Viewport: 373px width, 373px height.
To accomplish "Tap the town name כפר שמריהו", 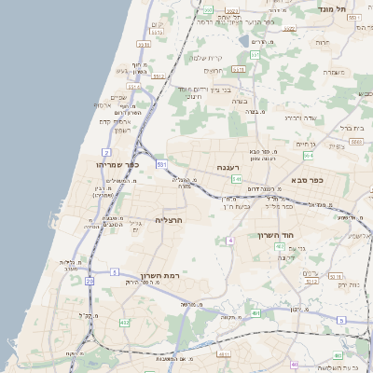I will [x=117, y=164].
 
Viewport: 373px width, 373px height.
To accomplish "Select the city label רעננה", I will [x=230, y=168].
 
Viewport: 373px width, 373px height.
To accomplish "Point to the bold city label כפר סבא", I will [x=307, y=179].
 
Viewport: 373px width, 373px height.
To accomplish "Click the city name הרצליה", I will [x=168, y=220].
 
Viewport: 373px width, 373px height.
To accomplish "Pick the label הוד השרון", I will [x=277, y=236].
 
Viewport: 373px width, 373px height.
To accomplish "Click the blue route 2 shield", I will [x=106, y=151].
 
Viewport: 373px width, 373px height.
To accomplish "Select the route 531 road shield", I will [x=162, y=164].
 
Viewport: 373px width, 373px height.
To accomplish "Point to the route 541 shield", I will [x=237, y=178].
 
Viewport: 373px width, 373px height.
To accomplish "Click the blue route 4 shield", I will [x=229, y=241].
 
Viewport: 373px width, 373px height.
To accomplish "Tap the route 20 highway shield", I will [x=90, y=280].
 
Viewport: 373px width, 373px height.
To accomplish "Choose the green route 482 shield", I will [x=124, y=323].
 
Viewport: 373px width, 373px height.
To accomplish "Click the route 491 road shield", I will [x=255, y=313].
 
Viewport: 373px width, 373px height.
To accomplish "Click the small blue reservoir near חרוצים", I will [x=243, y=42].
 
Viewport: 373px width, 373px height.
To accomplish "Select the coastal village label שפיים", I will [x=118, y=97].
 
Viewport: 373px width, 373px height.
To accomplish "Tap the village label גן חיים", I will [x=306, y=144].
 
